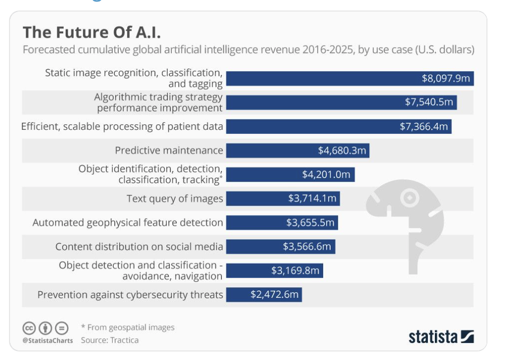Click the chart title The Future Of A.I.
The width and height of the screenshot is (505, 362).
(92, 33)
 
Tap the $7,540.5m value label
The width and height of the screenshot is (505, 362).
(429, 102)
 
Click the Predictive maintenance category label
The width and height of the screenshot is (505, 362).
(169, 150)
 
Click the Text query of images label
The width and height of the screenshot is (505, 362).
(174, 199)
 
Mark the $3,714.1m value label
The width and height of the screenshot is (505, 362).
(312, 199)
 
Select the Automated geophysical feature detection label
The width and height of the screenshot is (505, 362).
(128, 223)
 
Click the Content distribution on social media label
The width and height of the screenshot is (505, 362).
(139, 247)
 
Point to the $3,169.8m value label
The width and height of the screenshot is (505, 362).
(295, 271)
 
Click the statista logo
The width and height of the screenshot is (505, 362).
(441, 336)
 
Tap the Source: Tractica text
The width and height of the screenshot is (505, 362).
(110, 340)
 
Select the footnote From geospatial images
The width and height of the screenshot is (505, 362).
(130, 327)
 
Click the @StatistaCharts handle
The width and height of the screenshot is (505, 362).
(48, 340)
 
